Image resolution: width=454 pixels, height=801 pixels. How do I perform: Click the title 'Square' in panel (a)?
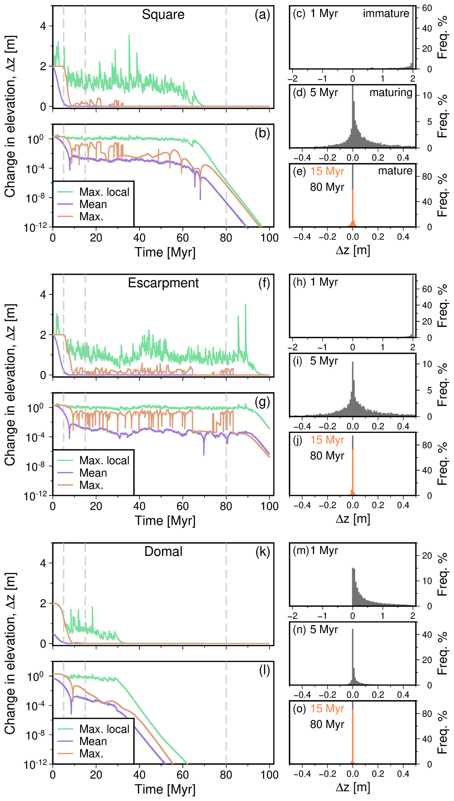(x=163, y=15)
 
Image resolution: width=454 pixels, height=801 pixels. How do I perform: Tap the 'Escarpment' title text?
(x=163, y=283)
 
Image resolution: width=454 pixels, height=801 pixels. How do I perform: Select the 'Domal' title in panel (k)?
(x=163, y=552)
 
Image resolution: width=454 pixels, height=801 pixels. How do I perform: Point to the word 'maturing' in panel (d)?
(x=391, y=92)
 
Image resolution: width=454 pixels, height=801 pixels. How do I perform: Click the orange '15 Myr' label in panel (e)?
(x=327, y=171)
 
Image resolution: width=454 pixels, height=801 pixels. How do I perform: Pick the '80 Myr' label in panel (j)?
(x=327, y=456)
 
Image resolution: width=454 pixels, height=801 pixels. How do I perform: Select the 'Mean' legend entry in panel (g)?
(x=93, y=473)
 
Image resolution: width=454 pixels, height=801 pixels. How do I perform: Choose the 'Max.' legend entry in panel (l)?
(x=91, y=754)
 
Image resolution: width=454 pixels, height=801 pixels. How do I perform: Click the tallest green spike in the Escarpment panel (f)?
(x=245, y=305)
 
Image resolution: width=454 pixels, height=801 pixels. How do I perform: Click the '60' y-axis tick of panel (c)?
(x=427, y=8)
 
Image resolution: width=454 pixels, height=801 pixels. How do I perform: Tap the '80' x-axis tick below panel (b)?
(x=226, y=238)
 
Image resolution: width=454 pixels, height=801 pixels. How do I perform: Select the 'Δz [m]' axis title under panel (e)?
(x=353, y=250)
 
